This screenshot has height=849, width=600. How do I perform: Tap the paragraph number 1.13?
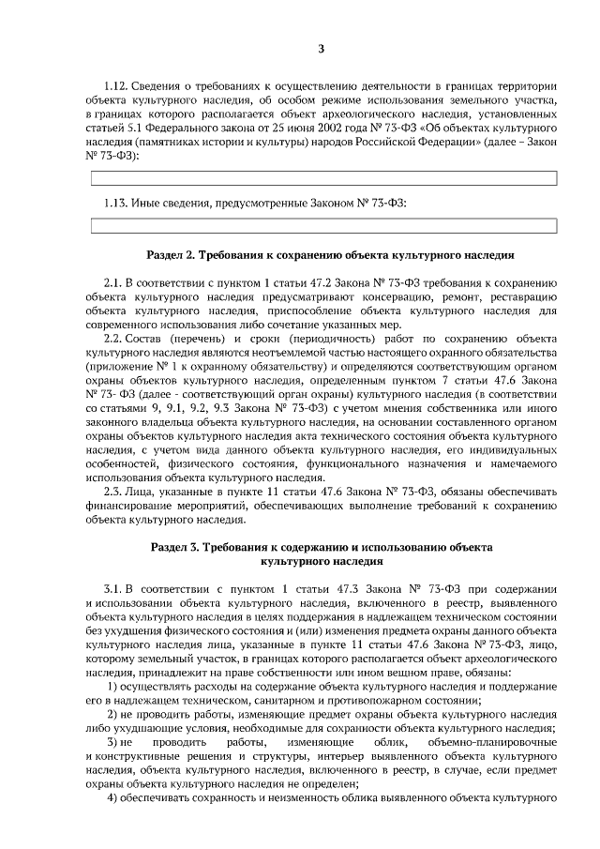pyautogui.click(x=115, y=203)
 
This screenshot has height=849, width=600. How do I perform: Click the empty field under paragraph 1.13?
pyautogui.click(x=322, y=225)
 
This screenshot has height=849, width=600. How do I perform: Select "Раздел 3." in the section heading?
pyautogui.click(x=176, y=546)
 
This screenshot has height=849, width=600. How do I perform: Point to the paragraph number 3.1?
pyautogui.click(x=113, y=588)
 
